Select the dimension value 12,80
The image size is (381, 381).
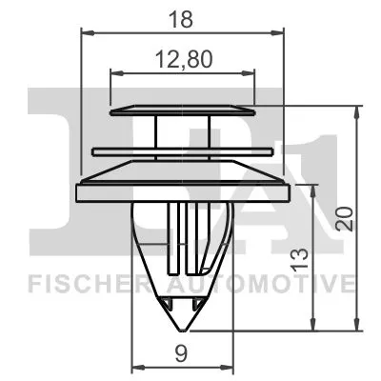[183, 59]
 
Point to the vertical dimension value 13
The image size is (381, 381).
[301, 256]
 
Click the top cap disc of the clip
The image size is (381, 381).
[183, 110]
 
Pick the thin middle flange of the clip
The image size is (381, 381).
[183, 150]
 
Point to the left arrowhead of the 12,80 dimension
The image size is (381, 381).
[115, 72]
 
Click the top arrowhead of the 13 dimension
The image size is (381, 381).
[315, 187]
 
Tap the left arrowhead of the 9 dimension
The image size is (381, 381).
[133, 367]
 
